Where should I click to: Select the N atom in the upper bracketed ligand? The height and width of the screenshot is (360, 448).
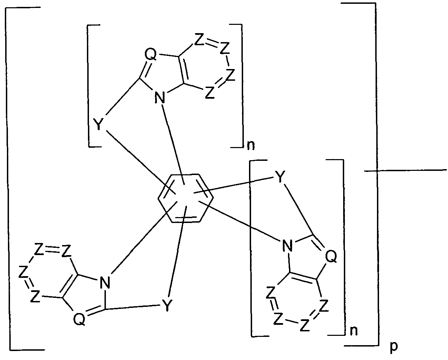[160, 98]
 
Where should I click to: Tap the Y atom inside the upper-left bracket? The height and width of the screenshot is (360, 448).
[98, 125]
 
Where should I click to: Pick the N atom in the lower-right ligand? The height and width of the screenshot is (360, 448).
[287, 246]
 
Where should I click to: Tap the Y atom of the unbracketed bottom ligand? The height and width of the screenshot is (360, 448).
[166, 306]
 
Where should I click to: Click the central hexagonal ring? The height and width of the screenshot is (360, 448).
[186, 198]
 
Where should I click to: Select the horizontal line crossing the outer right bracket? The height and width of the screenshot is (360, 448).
[407, 170]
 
